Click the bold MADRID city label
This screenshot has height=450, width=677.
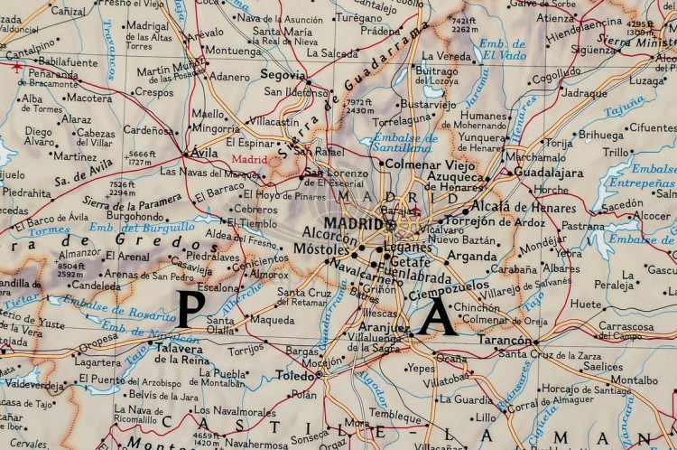(353, 223)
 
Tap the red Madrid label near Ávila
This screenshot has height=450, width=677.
(250, 160)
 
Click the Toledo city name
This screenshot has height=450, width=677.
(295, 375)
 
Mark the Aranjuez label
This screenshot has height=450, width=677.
(385, 327)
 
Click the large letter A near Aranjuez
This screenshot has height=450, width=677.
(437, 317)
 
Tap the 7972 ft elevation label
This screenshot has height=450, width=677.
(358, 107)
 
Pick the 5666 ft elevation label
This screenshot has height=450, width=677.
(144, 157)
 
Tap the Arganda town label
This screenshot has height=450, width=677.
(472, 256)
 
